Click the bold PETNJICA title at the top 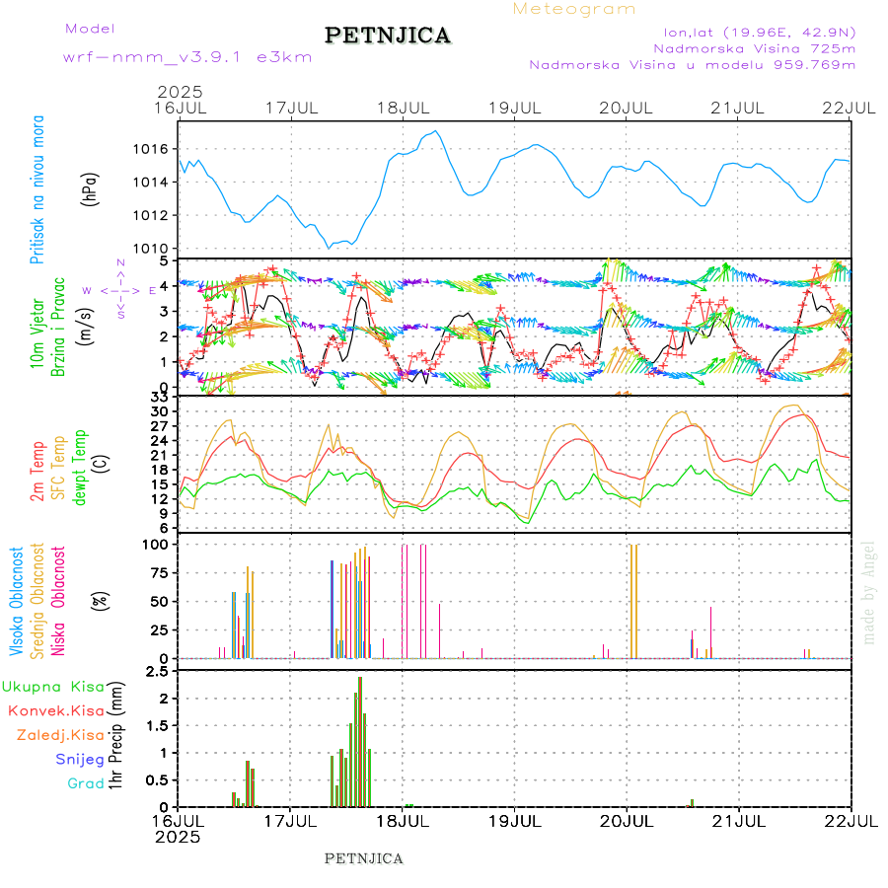click(388, 36)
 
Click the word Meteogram click(574, 9)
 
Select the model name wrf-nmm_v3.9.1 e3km click(187, 57)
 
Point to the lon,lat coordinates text click(759, 30)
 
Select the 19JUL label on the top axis click(515, 108)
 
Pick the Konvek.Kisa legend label click(55, 710)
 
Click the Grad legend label click(86, 783)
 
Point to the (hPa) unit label click(91, 188)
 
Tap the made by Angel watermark click(868, 592)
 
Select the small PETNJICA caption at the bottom click(364, 858)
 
